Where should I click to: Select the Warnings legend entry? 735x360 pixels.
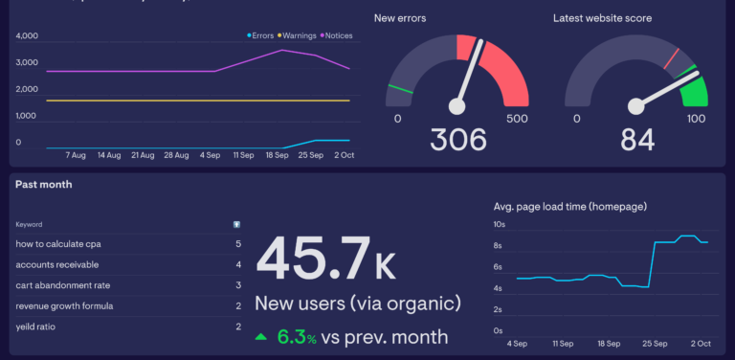coord(300,36)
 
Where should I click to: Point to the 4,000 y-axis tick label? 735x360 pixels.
coord(27,36)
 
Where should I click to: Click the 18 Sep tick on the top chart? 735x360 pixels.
coord(278,154)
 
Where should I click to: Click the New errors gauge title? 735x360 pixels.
coord(400,18)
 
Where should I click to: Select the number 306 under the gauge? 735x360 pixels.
coord(457,140)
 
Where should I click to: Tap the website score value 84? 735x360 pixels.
coord(637,140)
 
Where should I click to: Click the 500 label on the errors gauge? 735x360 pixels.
coord(517,119)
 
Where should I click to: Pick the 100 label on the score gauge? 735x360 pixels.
coord(696,119)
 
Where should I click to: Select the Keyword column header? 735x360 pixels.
coord(29,224)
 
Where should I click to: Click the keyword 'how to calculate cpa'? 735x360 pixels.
coord(57,244)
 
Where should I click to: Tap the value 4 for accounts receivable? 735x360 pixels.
coord(237,265)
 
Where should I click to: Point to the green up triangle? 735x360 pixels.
coord(261,337)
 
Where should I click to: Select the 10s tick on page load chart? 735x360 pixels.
coord(499,225)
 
